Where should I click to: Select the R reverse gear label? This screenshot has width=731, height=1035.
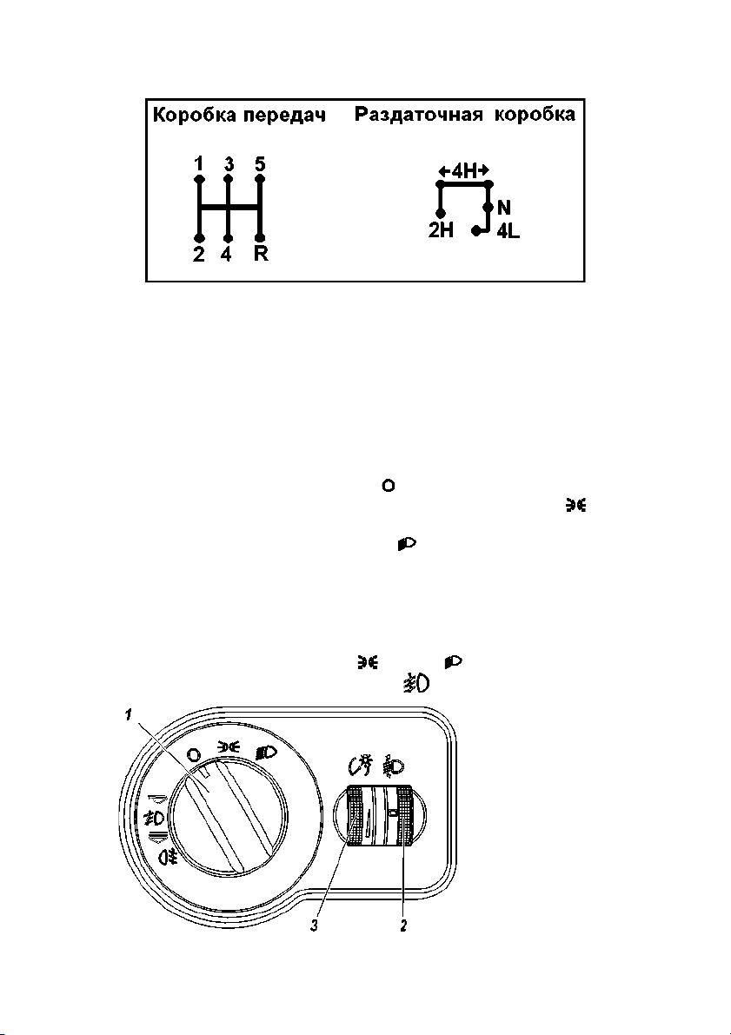pyautogui.click(x=261, y=254)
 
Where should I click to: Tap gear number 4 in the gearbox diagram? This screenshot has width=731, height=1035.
pyautogui.click(x=227, y=254)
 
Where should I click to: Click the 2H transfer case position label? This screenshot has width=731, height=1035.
pyautogui.click(x=441, y=232)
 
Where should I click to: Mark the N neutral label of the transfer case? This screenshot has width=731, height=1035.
pyautogui.click(x=504, y=208)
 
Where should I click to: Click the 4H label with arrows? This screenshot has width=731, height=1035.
pyautogui.click(x=465, y=171)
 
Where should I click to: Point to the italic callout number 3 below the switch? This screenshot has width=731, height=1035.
pyautogui.click(x=315, y=926)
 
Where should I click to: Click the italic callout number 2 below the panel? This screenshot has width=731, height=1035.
pyautogui.click(x=402, y=926)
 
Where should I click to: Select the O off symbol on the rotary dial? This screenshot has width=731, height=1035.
pyautogui.click(x=194, y=753)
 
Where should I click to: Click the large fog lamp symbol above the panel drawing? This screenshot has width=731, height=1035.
pyautogui.click(x=416, y=683)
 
